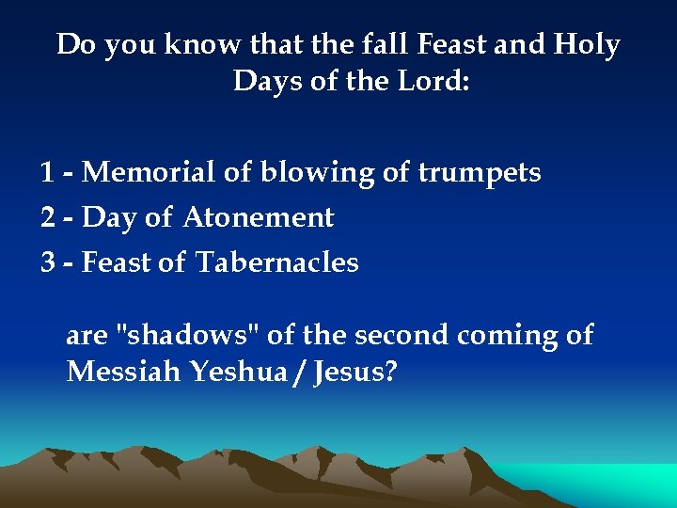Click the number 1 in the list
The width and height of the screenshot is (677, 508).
coord(47,173)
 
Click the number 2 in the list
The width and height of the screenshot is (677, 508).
coord(48,218)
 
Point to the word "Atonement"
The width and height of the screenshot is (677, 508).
coord(259,218)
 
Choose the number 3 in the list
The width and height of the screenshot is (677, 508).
coord(48,262)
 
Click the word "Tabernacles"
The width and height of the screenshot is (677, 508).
coord(277,262)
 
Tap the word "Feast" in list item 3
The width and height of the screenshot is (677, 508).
coord(118,262)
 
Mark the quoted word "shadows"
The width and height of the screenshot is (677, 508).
coord(187,335)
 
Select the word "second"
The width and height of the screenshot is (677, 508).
coord(399,335)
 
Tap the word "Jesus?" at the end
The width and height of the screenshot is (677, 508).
coord(355,373)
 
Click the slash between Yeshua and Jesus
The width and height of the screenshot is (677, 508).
coord(301,373)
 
